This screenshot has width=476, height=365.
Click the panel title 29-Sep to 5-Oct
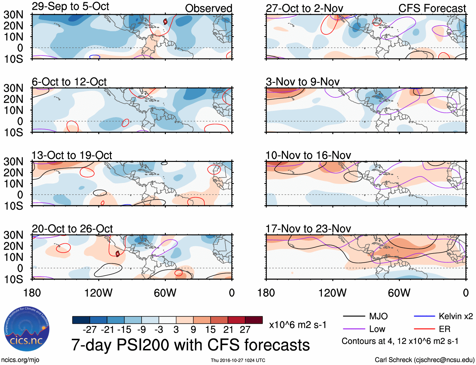[70, 7]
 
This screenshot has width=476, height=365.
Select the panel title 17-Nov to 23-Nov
[308, 229]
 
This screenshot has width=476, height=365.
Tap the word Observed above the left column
[208, 9]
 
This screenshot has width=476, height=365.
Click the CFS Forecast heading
[432, 9]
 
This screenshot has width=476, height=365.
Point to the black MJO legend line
[354, 316]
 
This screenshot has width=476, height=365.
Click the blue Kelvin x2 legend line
[424, 316]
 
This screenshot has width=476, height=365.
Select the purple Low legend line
[354, 329]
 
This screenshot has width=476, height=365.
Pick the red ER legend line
[424, 329]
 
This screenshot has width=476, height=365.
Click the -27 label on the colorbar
[90, 330]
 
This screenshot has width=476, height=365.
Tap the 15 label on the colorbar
[210, 330]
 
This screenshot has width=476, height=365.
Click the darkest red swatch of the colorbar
[254, 320]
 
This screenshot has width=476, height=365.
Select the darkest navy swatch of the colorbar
[81, 320]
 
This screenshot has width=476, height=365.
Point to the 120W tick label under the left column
[98, 293]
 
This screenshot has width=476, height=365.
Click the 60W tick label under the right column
[399, 293]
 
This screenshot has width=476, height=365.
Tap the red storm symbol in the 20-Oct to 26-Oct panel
[118, 254]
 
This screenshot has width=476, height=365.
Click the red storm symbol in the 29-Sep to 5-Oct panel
[165, 21]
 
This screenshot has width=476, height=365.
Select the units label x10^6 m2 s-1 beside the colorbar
[298, 325]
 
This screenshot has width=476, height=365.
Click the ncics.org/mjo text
[20, 360]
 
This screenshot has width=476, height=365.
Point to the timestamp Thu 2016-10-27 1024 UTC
[238, 360]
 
